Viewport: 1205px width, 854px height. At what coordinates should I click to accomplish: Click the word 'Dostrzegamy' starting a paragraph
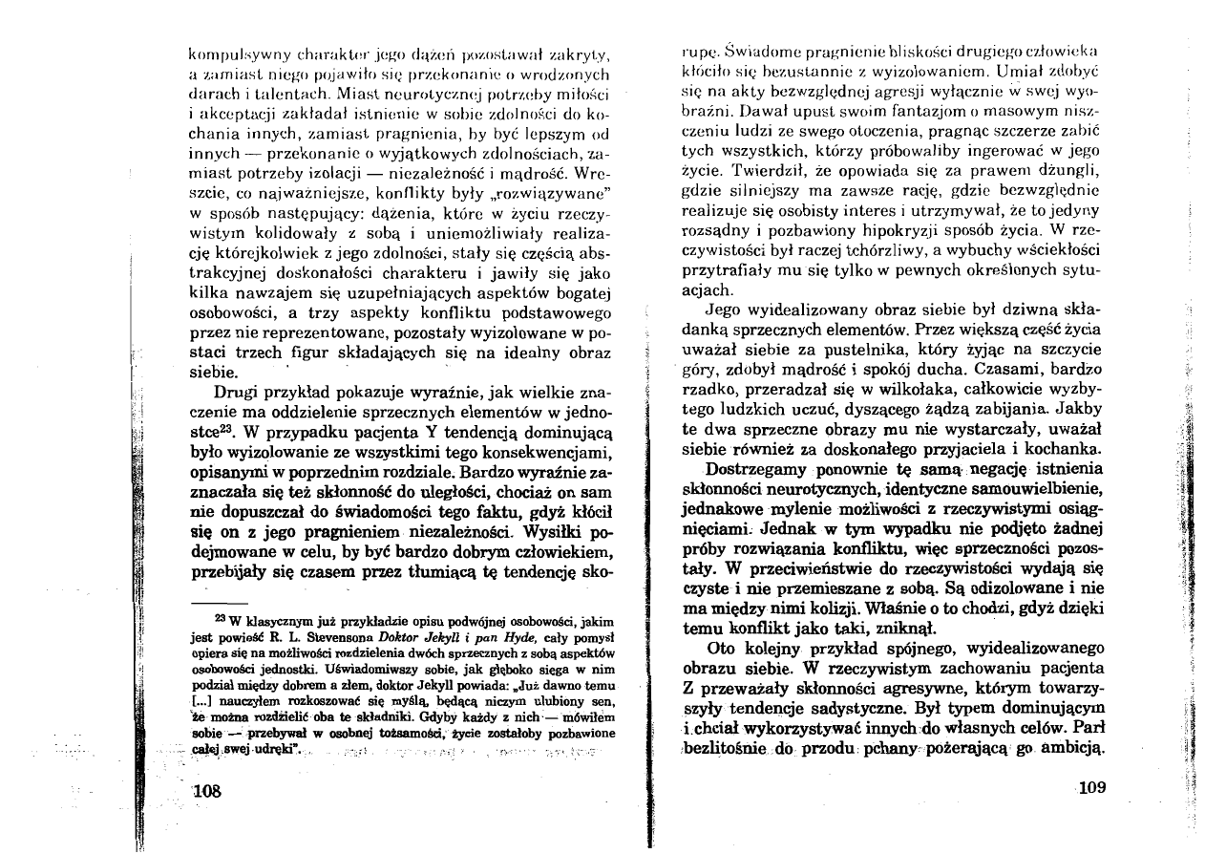[x=753, y=470]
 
